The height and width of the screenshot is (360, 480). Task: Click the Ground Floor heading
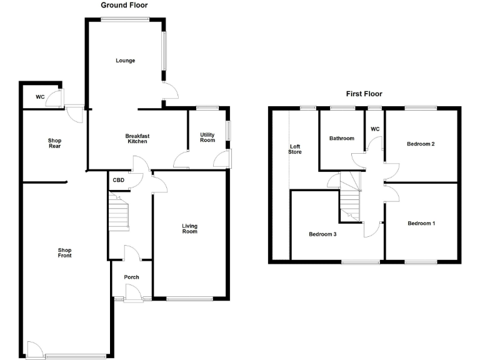(x=124, y=5)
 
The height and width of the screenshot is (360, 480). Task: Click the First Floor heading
(x=364, y=94)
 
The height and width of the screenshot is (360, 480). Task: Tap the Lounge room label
(x=125, y=61)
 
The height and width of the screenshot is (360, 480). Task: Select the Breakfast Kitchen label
(x=137, y=139)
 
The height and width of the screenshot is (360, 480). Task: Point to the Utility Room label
(x=207, y=137)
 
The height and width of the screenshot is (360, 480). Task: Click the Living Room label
(x=189, y=229)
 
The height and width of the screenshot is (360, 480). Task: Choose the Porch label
(x=131, y=277)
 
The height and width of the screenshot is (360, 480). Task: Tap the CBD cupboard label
(x=118, y=181)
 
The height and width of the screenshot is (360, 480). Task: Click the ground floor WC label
(x=40, y=97)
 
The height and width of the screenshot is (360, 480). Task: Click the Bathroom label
(x=342, y=139)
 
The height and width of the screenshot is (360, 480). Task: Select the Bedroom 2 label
(x=421, y=144)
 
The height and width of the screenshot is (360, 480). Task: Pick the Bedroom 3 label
(x=323, y=234)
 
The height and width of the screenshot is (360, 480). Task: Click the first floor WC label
(x=375, y=129)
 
